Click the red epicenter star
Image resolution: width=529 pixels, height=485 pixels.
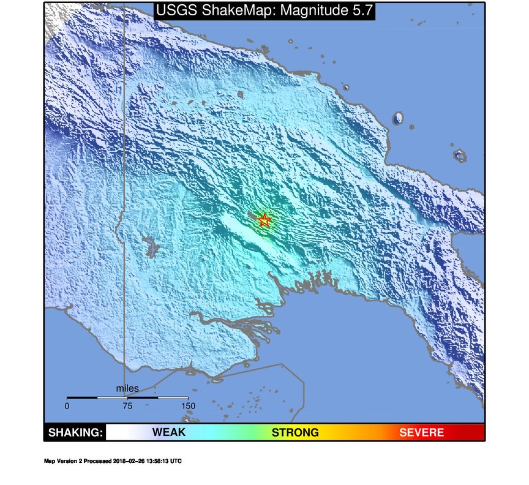(264, 220)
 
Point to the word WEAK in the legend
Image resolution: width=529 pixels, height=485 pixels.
(169, 432)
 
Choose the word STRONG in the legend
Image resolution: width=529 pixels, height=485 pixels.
(295, 432)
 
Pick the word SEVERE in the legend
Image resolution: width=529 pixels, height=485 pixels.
(421, 432)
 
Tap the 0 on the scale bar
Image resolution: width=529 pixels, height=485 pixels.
(67, 405)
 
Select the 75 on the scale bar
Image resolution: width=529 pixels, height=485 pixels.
(127, 405)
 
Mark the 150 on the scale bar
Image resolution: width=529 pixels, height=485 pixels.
(187, 405)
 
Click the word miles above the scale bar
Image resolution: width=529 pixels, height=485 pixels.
(127, 388)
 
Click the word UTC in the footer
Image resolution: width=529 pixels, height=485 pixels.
(176, 461)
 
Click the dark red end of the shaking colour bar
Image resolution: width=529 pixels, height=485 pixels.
(476, 432)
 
